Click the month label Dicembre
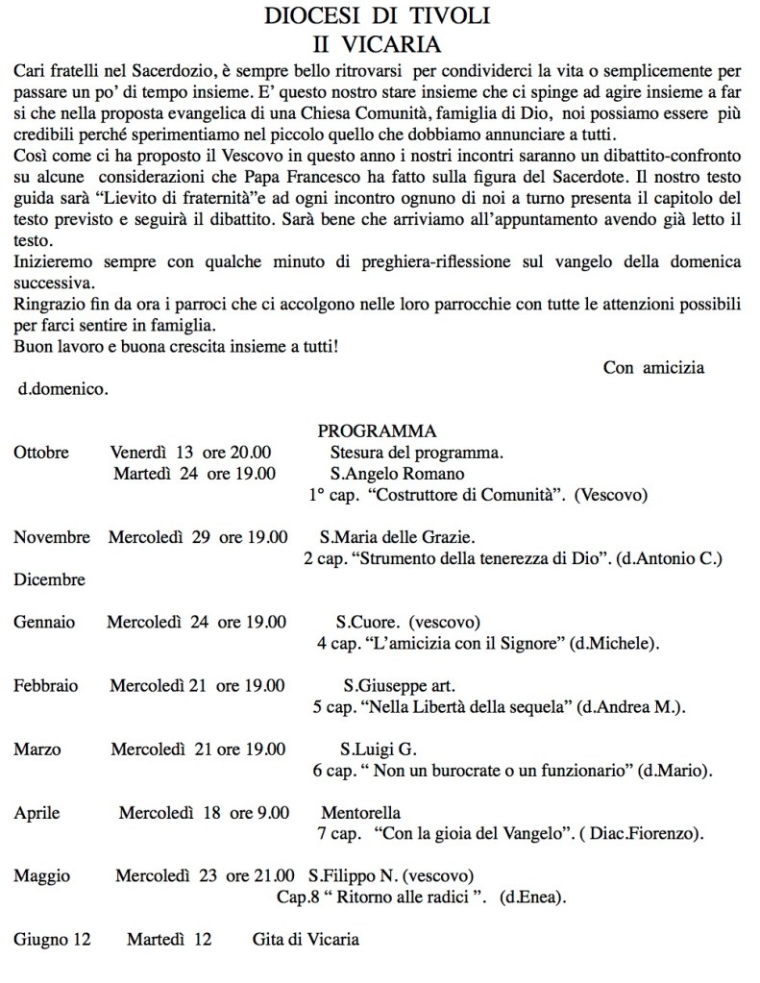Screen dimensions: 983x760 (x=49, y=579)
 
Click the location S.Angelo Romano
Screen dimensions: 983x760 (x=397, y=473)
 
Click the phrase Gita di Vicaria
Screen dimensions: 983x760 (x=306, y=939)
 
